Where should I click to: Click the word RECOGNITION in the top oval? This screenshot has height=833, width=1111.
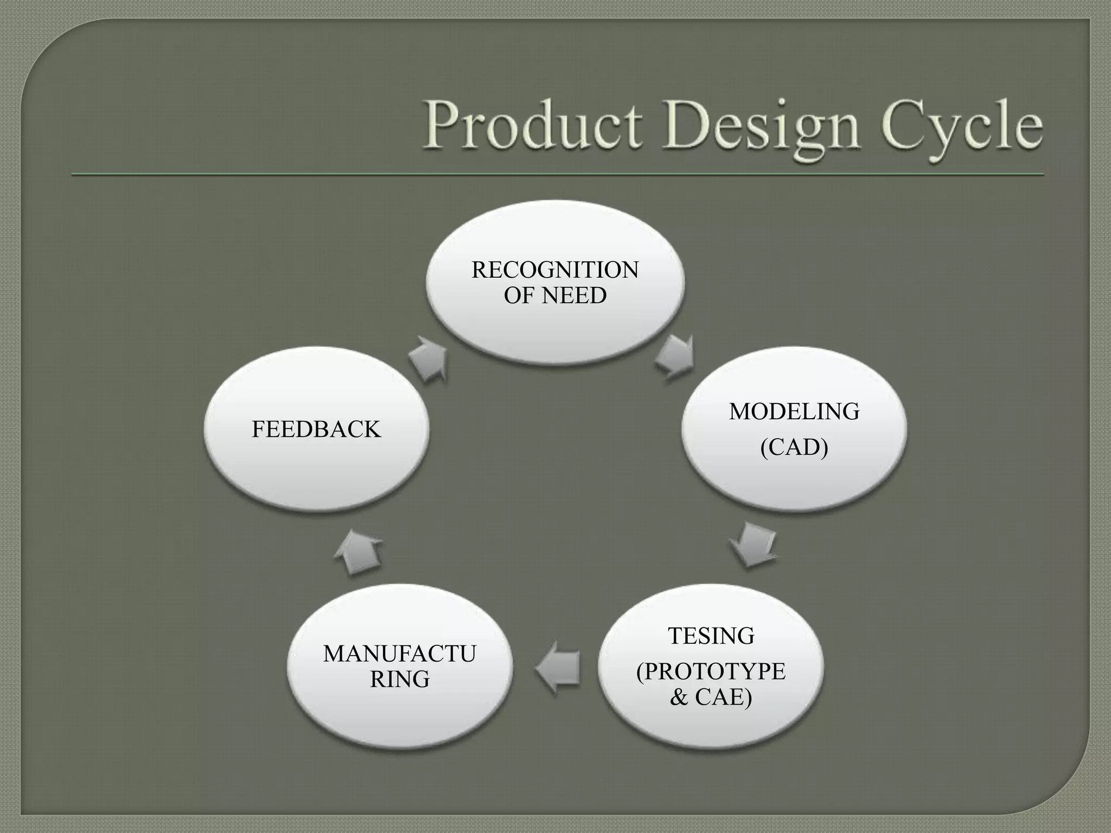point(555,270)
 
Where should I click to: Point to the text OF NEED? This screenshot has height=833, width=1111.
point(555,296)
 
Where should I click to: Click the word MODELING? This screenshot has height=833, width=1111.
point(794,412)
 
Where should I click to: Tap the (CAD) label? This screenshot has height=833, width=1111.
point(794,447)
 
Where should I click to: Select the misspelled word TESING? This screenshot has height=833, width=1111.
point(711,636)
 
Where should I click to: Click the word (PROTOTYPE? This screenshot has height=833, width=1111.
point(711,671)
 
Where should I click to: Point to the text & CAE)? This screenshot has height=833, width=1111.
point(711,697)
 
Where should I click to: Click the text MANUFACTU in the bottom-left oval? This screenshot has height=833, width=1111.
point(400,654)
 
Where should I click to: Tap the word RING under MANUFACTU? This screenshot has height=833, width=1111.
point(400,679)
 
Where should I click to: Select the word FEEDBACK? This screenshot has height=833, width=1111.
point(316,430)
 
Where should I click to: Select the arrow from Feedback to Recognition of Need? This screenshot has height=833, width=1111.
point(429,359)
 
